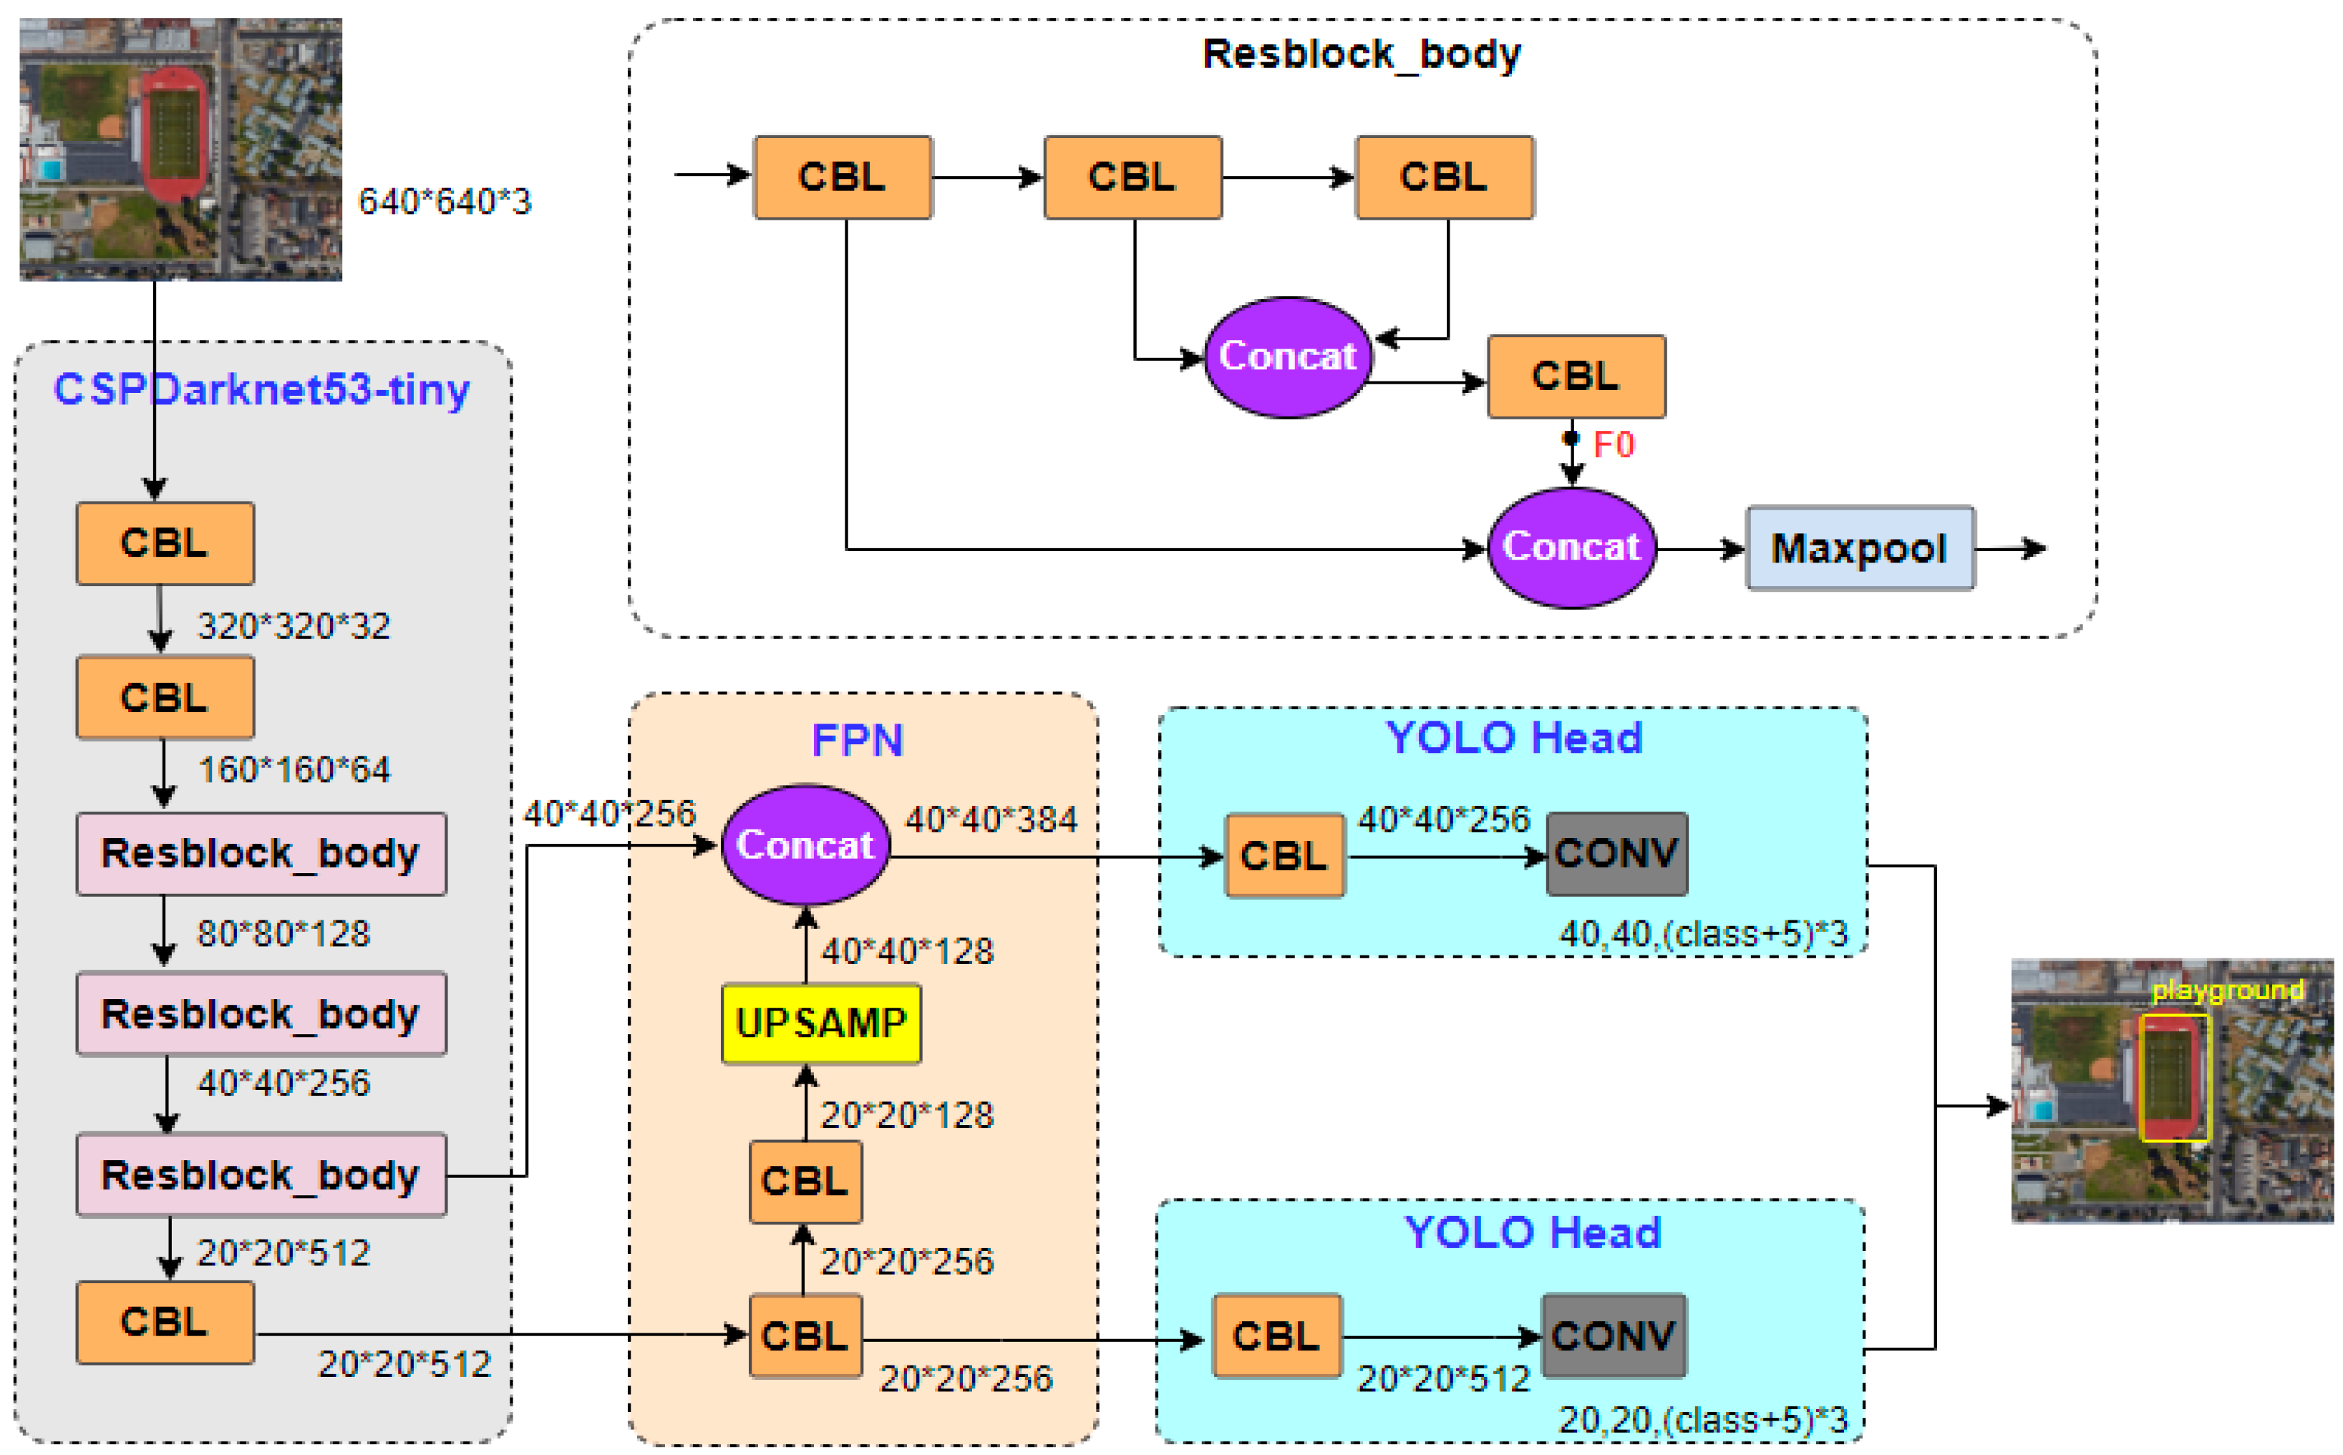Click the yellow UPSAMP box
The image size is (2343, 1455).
(x=821, y=1023)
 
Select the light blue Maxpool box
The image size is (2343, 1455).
(x=1859, y=548)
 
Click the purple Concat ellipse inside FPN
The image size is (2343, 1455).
(x=805, y=845)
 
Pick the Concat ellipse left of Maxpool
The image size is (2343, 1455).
(x=1571, y=548)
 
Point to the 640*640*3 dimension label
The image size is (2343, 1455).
(x=445, y=202)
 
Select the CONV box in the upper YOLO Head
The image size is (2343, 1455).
(x=1616, y=855)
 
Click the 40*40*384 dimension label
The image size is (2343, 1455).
(x=991, y=820)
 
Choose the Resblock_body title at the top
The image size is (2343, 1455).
(x=1362, y=54)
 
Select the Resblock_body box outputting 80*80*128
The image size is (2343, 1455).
(x=261, y=854)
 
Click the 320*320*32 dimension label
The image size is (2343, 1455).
(x=294, y=626)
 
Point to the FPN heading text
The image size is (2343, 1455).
(x=858, y=740)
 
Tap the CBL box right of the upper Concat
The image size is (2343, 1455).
(x=1576, y=376)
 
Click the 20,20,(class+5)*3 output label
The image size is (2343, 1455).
(x=1703, y=1421)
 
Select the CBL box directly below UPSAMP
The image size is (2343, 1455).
(x=805, y=1182)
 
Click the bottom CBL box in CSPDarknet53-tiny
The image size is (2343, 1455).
(x=165, y=1322)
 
